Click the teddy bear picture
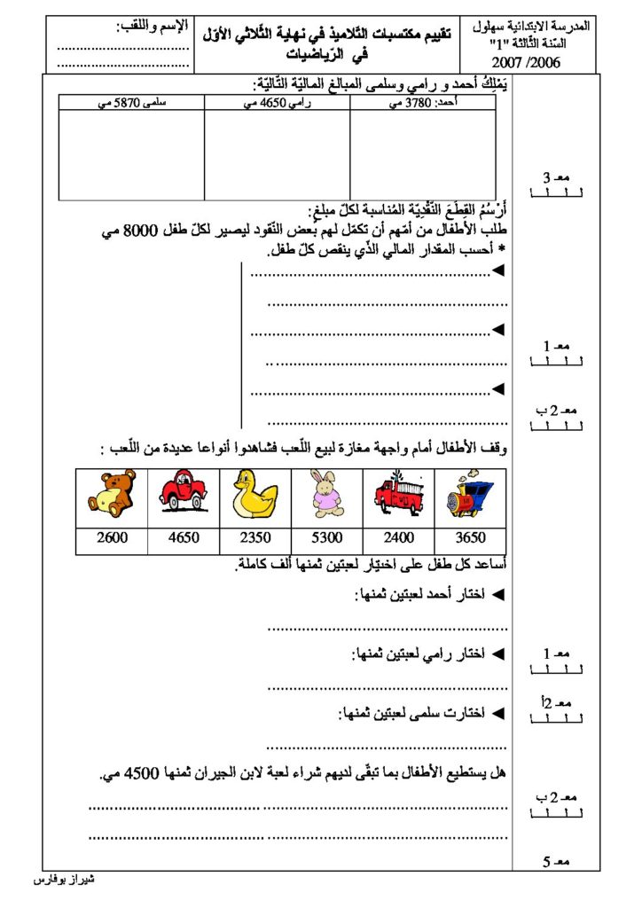click(112, 494)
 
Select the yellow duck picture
click(254, 494)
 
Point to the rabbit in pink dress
click(327, 494)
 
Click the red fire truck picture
click(398, 494)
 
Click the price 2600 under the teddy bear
click(112, 536)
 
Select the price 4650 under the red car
click(184, 536)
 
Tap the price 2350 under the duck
click(255, 536)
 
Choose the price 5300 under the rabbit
click(327, 536)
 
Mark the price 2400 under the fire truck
click(398, 536)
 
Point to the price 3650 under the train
click(471, 536)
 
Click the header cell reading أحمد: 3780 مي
click(423, 104)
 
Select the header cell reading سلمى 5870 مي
click(132, 104)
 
